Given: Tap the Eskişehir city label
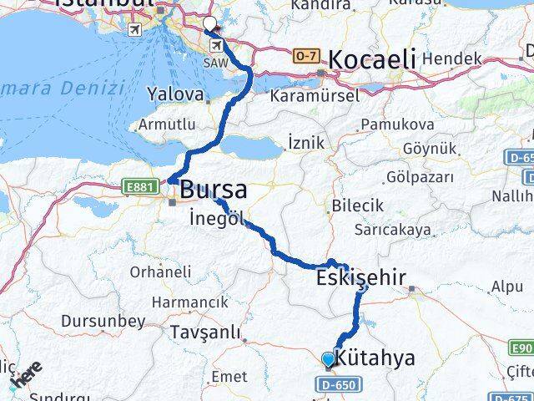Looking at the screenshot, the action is click(x=361, y=277).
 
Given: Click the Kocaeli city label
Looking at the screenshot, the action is click(x=371, y=59).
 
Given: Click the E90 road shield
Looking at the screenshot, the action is click(x=520, y=348).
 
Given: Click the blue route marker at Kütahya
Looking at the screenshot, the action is click(x=328, y=360).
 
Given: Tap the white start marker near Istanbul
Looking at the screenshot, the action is click(x=209, y=24).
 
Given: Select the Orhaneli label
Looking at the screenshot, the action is click(x=160, y=272).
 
